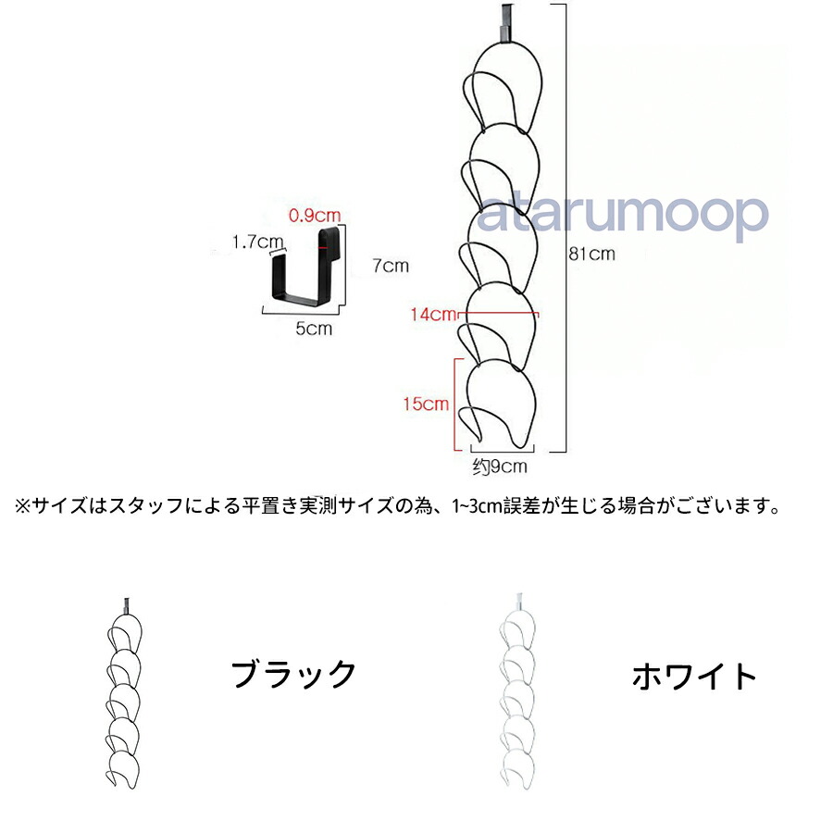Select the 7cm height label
[x=390, y=267]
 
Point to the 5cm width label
[x=314, y=328]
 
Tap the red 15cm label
[x=426, y=404]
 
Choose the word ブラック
[x=293, y=674]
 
